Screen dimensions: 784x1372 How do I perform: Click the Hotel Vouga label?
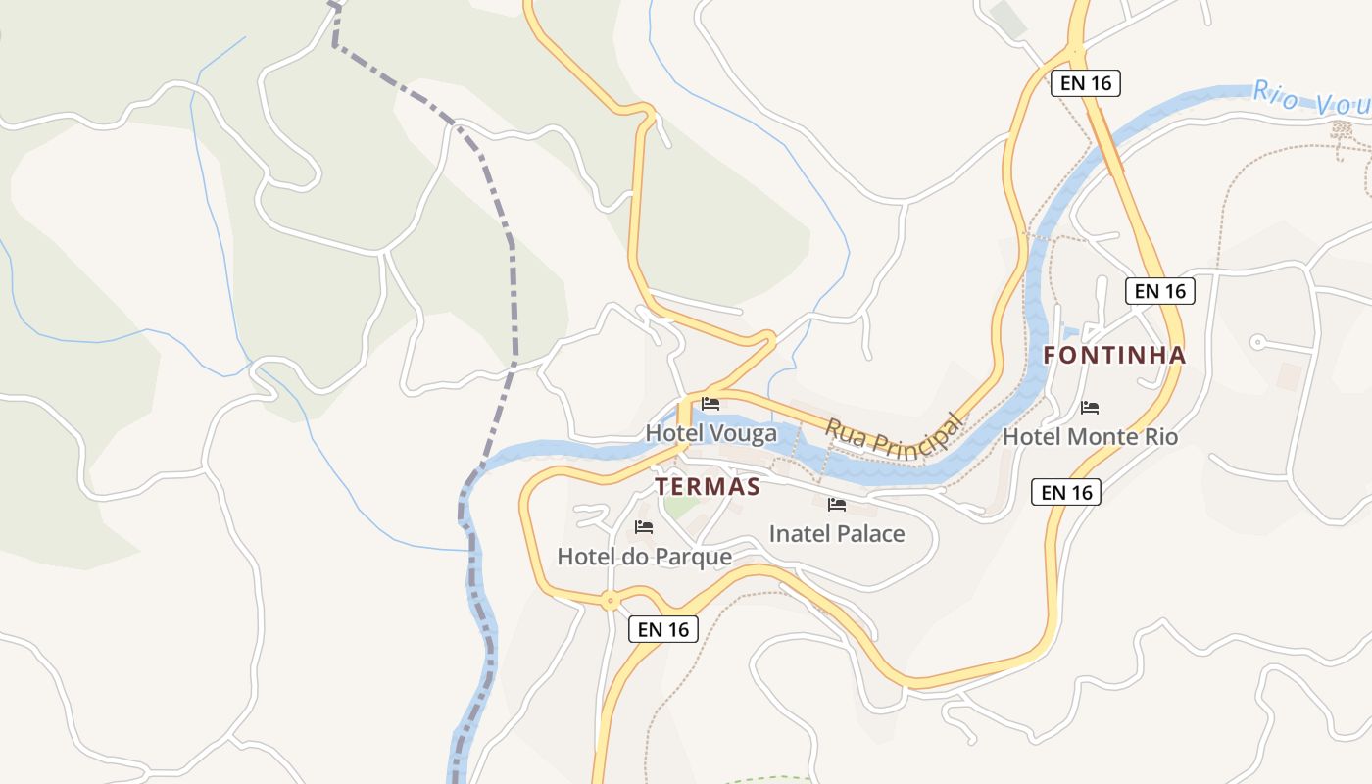click(x=710, y=433)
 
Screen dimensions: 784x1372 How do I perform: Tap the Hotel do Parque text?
click(x=644, y=557)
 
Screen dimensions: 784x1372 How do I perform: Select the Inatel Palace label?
click(x=836, y=534)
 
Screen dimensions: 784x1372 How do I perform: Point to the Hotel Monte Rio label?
click(x=1090, y=437)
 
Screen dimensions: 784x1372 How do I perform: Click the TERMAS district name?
click(x=708, y=487)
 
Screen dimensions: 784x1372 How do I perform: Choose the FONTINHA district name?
click(x=1114, y=356)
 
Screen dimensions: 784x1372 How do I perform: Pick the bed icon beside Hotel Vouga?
click(x=710, y=403)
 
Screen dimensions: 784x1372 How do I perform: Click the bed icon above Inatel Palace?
click(x=836, y=505)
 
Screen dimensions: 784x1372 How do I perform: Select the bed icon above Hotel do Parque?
click(x=644, y=527)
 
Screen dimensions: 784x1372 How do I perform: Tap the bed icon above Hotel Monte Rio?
click(x=1090, y=407)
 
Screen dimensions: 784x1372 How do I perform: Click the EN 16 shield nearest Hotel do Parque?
click(x=663, y=629)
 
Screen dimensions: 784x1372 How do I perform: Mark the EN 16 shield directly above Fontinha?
click(x=1159, y=290)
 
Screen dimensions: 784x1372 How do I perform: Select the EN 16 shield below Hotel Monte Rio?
click(x=1066, y=492)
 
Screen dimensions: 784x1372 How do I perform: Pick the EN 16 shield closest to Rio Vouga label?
click(x=1085, y=83)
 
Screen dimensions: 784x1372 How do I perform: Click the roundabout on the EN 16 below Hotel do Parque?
click(x=611, y=601)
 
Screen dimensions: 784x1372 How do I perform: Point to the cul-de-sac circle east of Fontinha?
click(x=1257, y=341)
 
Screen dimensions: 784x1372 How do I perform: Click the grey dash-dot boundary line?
click(x=511, y=294)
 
